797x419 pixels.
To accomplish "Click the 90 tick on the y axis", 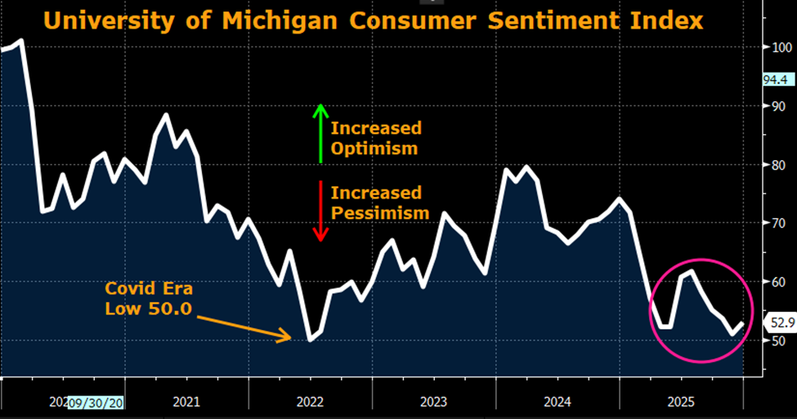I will point(779,105).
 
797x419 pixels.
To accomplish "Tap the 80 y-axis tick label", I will point(779,164).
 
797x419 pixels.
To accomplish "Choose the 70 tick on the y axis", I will point(779,223).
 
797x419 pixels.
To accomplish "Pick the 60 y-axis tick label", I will point(779,282).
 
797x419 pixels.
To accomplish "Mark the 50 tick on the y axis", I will point(779,340).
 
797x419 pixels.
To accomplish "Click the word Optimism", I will point(374,149).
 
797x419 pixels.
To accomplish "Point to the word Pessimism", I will point(380,213).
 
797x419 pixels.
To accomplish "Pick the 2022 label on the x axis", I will point(311,401).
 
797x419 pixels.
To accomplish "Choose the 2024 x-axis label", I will point(558,401).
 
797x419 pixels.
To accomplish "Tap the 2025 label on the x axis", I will point(682,401).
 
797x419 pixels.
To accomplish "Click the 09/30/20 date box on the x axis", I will point(96,401).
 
